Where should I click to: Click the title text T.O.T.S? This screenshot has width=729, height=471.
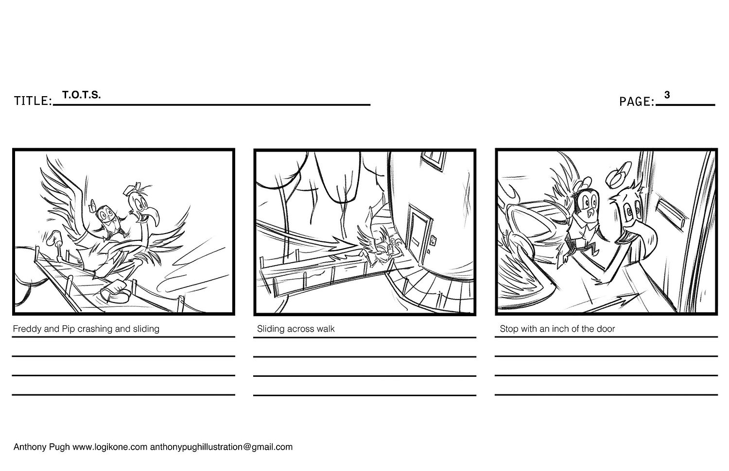pyautogui.click(x=81, y=95)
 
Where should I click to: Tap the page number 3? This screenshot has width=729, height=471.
pyautogui.click(x=667, y=95)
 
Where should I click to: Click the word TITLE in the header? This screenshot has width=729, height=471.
pyautogui.click(x=32, y=101)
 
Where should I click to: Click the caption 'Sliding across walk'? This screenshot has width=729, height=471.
pyautogui.click(x=296, y=329)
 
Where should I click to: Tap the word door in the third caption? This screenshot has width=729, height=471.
pyautogui.click(x=606, y=329)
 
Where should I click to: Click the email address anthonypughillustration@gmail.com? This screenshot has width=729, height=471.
pyautogui.click(x=221, y=447)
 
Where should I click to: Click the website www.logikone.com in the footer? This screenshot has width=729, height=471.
pyautogui.click(x=110, y=447)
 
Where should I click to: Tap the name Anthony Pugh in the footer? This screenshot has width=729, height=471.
pyautogui.click(x=42, y=447)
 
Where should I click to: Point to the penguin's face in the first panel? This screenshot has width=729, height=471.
pyautogui.click(x=106, y=215)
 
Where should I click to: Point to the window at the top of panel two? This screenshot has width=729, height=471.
pyautogui.click(x=433, y=160)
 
